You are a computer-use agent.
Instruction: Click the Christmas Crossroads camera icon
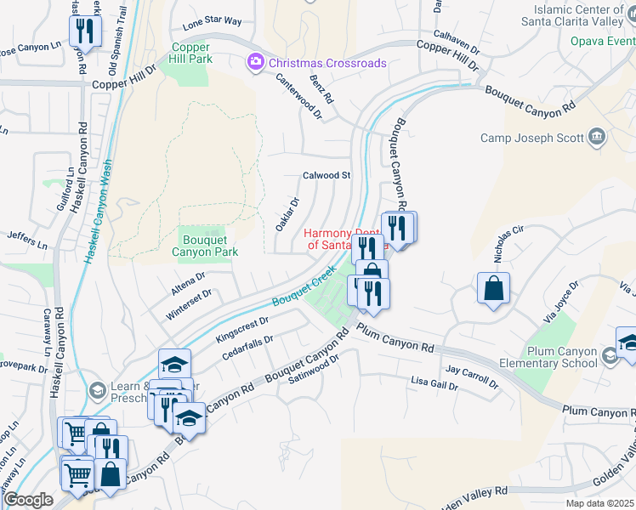click(x=254, y=63)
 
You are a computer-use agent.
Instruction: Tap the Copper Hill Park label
click(x=192, y=54)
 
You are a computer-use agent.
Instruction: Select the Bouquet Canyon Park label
click(x=204, y=246)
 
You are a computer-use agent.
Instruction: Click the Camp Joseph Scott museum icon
click(x=597, y=137)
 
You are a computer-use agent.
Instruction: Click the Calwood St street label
click(x=327, y=175)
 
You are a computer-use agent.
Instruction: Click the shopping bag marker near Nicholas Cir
click(x=493, y=288)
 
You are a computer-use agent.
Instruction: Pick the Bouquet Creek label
click(x=304, y=290)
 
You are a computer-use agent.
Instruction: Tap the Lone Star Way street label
click(x=212, y=20)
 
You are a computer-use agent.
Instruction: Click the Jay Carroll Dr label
click(x=472, y=377)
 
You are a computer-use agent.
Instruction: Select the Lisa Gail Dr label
click(x=434, y=385)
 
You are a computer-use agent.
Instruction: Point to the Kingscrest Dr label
click(x=242, y=329)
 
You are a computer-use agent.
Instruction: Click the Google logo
click(x=28, y=500)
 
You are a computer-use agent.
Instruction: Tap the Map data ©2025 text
click(x=600, y=503)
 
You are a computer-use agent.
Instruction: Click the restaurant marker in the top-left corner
click(x=85, y=31)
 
